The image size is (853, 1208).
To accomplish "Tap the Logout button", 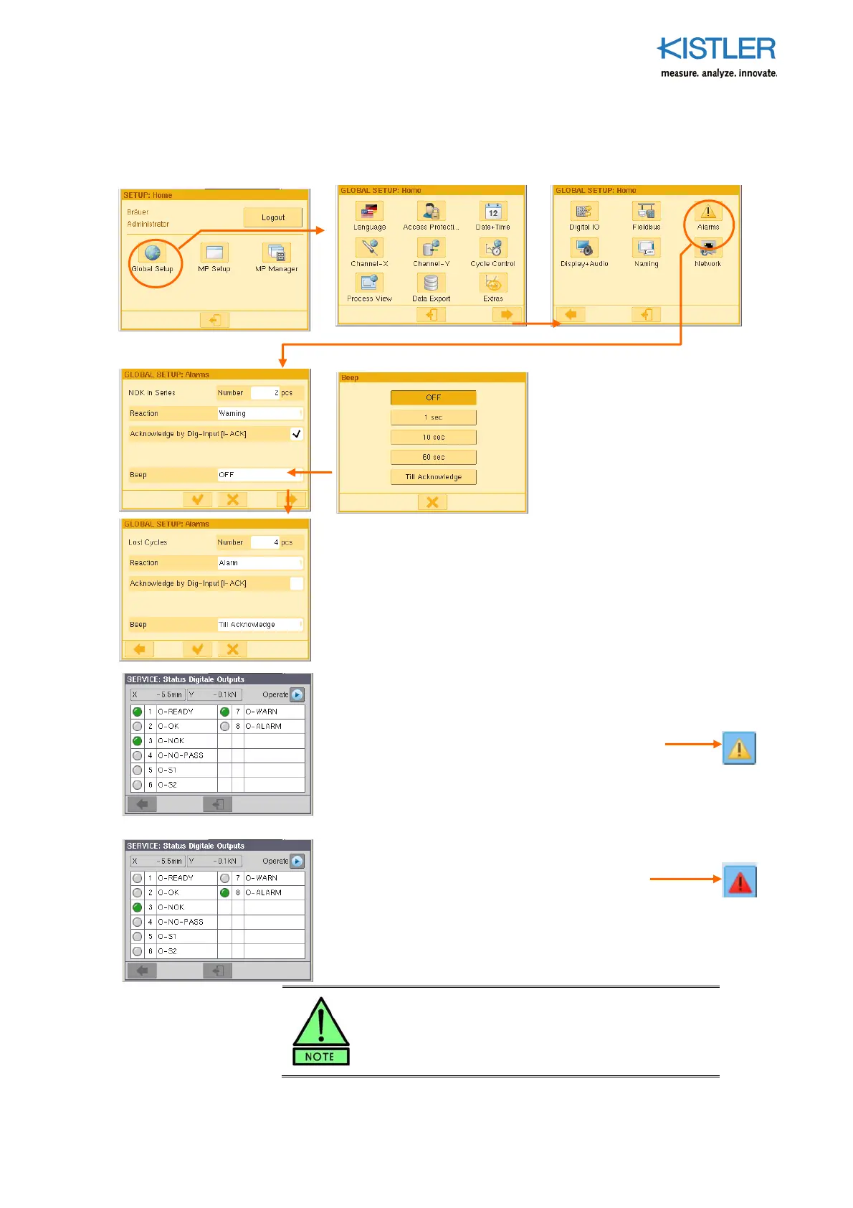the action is [x=272, y=217].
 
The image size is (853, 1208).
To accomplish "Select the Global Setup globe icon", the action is [x=153, y=253].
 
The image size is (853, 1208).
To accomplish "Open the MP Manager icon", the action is [x=277, y=253].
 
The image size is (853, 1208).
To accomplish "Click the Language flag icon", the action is [x=369, y=212].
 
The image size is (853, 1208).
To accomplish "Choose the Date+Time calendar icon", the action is [x=493, y=212].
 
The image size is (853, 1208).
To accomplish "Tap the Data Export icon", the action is [x=431, y=283].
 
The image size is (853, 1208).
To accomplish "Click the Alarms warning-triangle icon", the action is [x=708, y=212].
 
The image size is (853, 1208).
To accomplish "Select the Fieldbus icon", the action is [x=646, y=212].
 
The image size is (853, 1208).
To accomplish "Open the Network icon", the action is [x=708, y=248].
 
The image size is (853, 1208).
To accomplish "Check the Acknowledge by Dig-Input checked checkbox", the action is [x=296, y=434].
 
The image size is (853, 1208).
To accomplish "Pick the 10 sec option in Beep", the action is [x=433, y=437].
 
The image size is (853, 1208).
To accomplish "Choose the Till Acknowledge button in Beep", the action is [x=433, y=477].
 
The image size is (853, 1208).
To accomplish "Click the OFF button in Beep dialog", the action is [x=433, y=397].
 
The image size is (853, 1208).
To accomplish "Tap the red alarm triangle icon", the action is [x=739, y=881].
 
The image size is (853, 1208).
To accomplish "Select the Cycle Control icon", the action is [x=493, y=248].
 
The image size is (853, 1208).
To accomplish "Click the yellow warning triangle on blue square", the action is [x=739, y=748].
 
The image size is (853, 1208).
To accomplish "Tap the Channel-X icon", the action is [x=369, y=248].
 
